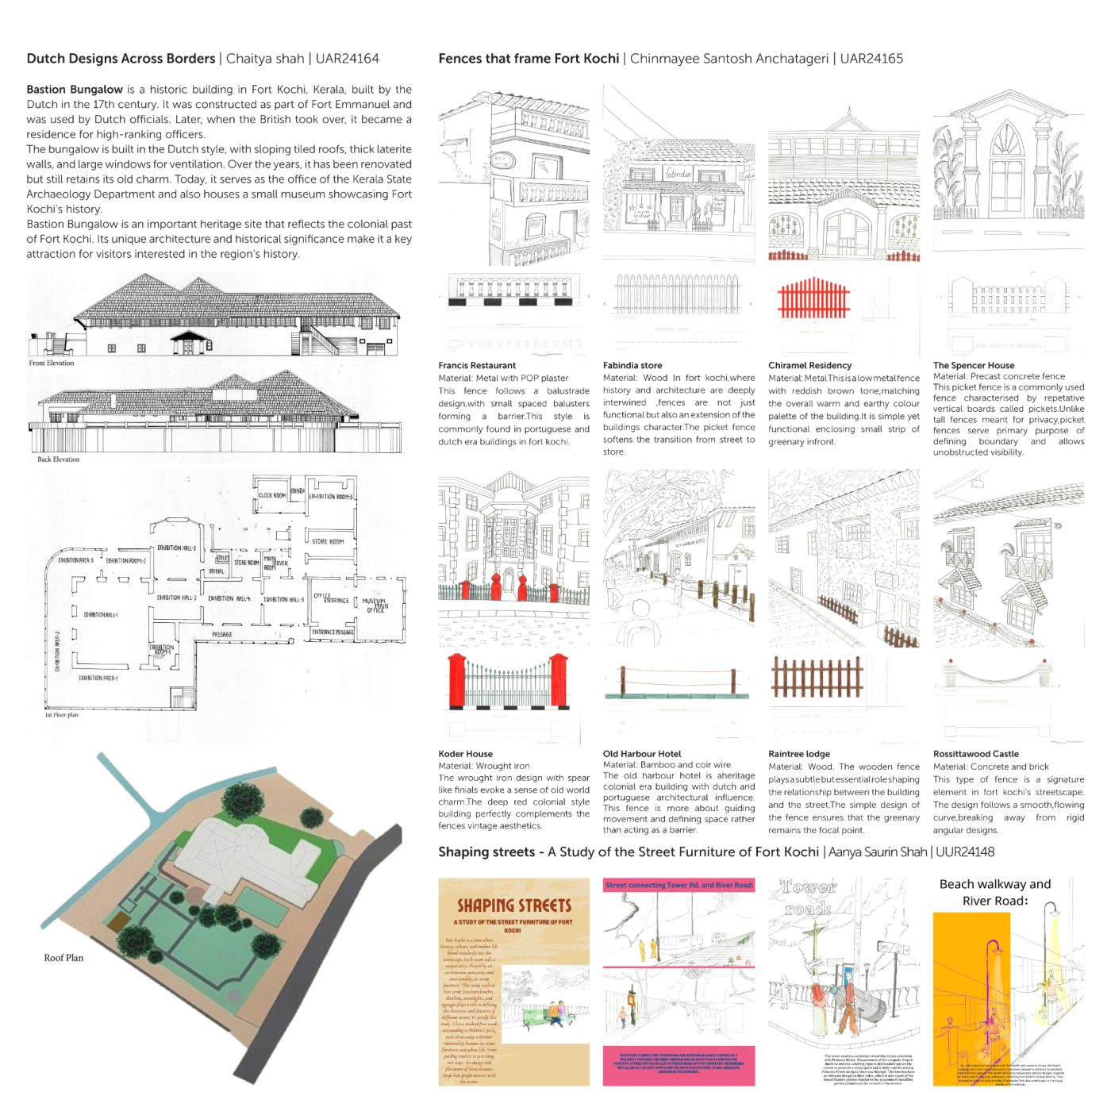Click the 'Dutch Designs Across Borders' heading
[x=121, y=59]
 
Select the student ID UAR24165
[x=871, y=59]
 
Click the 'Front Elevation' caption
[x=52, y=363]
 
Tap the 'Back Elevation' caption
[x=59, y=459]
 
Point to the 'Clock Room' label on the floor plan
[x=272, y=496]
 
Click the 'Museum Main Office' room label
[x=375, y=605]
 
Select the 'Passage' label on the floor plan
[x=222, y=635]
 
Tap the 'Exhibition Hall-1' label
[x=101, y=615]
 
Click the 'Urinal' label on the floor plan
[x=216, y=571]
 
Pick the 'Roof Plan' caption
[x=63, y=958]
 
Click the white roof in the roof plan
[x=246, y=849]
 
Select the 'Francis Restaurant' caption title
[x=477, y=366]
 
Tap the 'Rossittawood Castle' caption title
[x=975, y=755]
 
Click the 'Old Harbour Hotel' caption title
[x=642, y=755]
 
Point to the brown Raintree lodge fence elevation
[x=817, y=679]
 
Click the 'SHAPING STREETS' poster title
[x=514, y=905]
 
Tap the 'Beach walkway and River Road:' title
[x=994, y=893]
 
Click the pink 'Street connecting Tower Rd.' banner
[x=679, y=885]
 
